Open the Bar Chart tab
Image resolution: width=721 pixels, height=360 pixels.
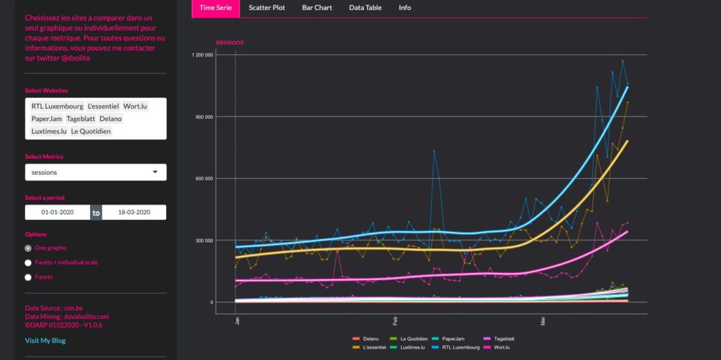pos(317,7)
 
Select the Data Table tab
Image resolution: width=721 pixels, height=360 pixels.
pos(365,7)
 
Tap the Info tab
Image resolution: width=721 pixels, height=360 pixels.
pos(405,7)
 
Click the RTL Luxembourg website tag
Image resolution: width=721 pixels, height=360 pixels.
pos(57,106)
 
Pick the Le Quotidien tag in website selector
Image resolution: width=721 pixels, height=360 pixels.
pos(90,131)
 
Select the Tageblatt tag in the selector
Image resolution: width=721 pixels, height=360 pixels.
pos(81,119)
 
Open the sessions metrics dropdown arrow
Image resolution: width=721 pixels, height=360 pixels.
pos(156,172)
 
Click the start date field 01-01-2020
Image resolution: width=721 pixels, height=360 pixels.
pos(58,213)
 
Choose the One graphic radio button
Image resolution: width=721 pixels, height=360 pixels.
pos(28,248)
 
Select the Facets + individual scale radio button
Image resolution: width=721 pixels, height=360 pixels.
pos(28,262)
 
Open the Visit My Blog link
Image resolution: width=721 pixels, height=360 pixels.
pos(45,340)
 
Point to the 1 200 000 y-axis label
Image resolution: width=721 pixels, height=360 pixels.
pos(203,55)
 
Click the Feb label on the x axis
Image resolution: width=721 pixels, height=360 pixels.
pos(394,322)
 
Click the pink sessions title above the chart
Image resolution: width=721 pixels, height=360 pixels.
pos(230,42)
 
